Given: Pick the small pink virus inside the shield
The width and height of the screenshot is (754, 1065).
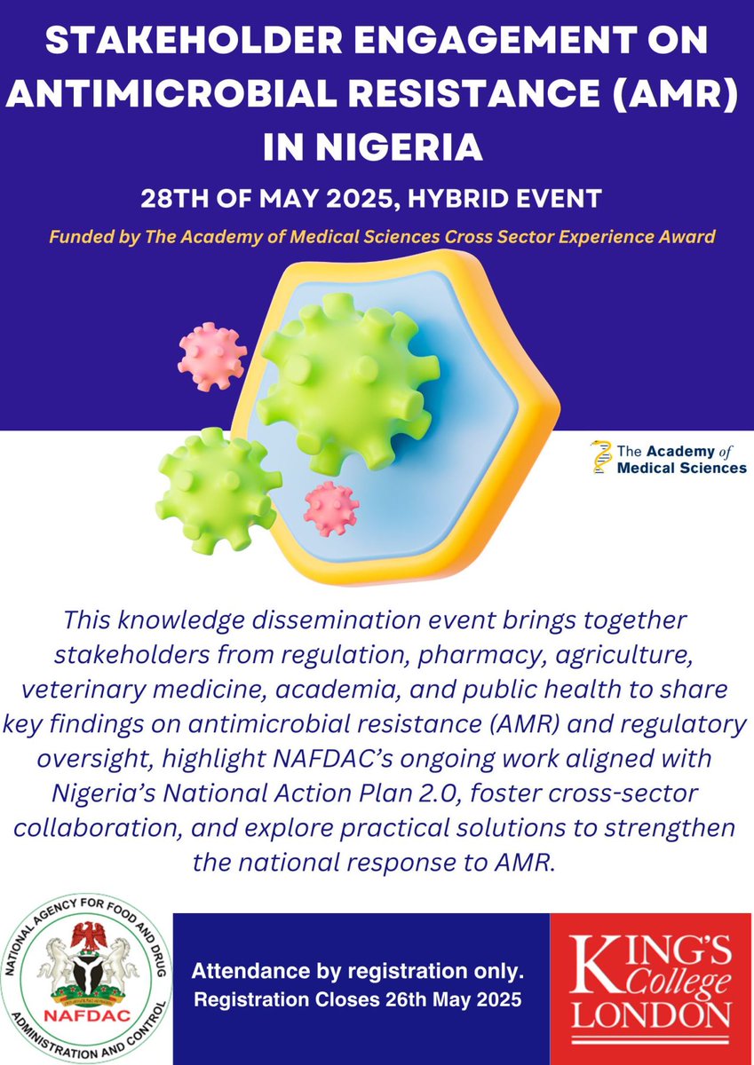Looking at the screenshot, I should coord(330,508).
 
